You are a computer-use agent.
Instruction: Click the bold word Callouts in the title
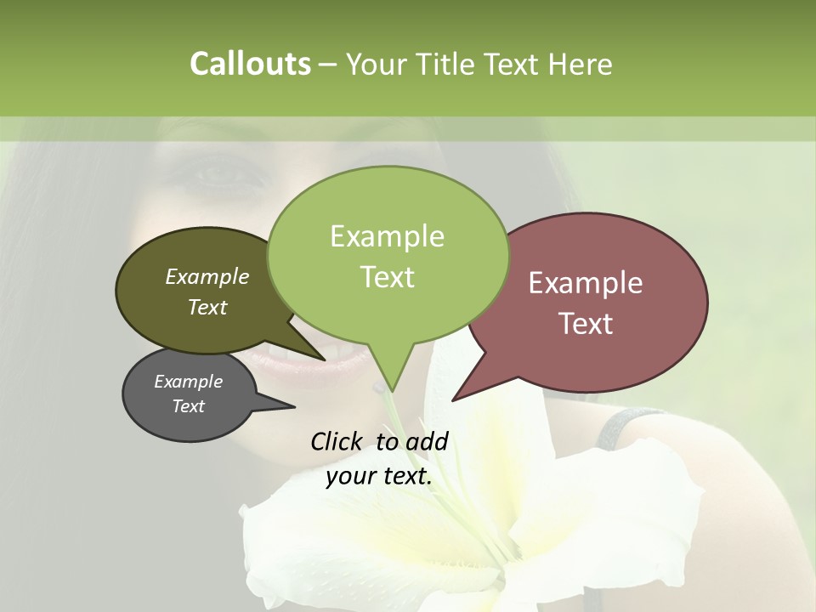(250, 64)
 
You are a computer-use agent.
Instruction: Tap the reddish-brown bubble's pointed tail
(459, 394)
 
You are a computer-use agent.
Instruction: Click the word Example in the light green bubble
(387, 236)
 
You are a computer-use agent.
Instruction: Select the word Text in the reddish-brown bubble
(586, 324)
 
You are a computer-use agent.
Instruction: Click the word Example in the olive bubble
(207, 277)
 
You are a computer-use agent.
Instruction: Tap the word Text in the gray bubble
(188, 406)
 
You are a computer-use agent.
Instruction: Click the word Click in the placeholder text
(337, 441)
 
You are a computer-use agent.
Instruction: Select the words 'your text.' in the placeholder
(378, 477)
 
